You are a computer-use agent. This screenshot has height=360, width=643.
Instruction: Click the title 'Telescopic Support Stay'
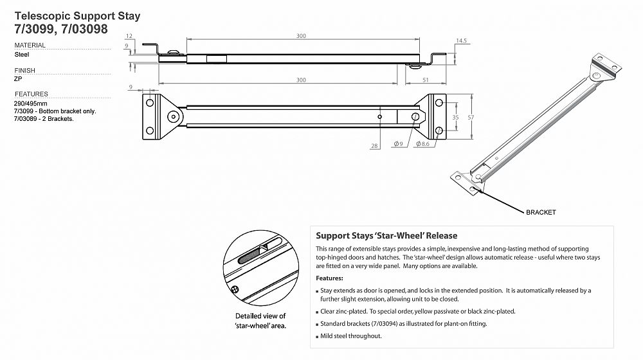(x=77, y=15)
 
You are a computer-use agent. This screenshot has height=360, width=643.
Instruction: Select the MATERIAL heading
(x=30, y=46)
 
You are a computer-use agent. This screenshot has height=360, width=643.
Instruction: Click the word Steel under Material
(x=21, y=55)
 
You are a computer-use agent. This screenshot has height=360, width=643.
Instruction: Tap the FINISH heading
(x=24, y=71)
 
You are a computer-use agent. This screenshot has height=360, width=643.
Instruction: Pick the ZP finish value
(x=17, y=79)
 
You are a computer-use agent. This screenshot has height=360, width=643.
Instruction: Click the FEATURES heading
(x=31, y=94)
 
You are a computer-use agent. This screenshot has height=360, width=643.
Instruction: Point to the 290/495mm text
(x=30, y=103)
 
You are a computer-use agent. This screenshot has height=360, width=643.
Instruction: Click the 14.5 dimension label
(x=460, y=40)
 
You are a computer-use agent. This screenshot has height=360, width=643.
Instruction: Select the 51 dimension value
(x=426, y=80)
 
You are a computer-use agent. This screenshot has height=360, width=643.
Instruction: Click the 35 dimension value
(x=456, y=118)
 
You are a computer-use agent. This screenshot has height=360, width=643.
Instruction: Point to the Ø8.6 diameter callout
(x=422, y=144)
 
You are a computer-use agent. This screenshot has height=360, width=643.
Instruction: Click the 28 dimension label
(x=374, y=147)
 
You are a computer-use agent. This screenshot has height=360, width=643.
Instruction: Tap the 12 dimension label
(x=129, y=37)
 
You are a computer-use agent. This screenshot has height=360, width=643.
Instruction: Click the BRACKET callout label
(x=540, y=212)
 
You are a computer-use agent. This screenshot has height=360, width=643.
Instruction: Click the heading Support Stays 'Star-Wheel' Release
(x=386, y=236)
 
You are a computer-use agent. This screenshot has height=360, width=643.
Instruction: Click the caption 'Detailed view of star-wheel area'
(x=260, y=320)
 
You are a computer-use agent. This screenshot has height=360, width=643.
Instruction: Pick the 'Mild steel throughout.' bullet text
(x=351, y=336)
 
